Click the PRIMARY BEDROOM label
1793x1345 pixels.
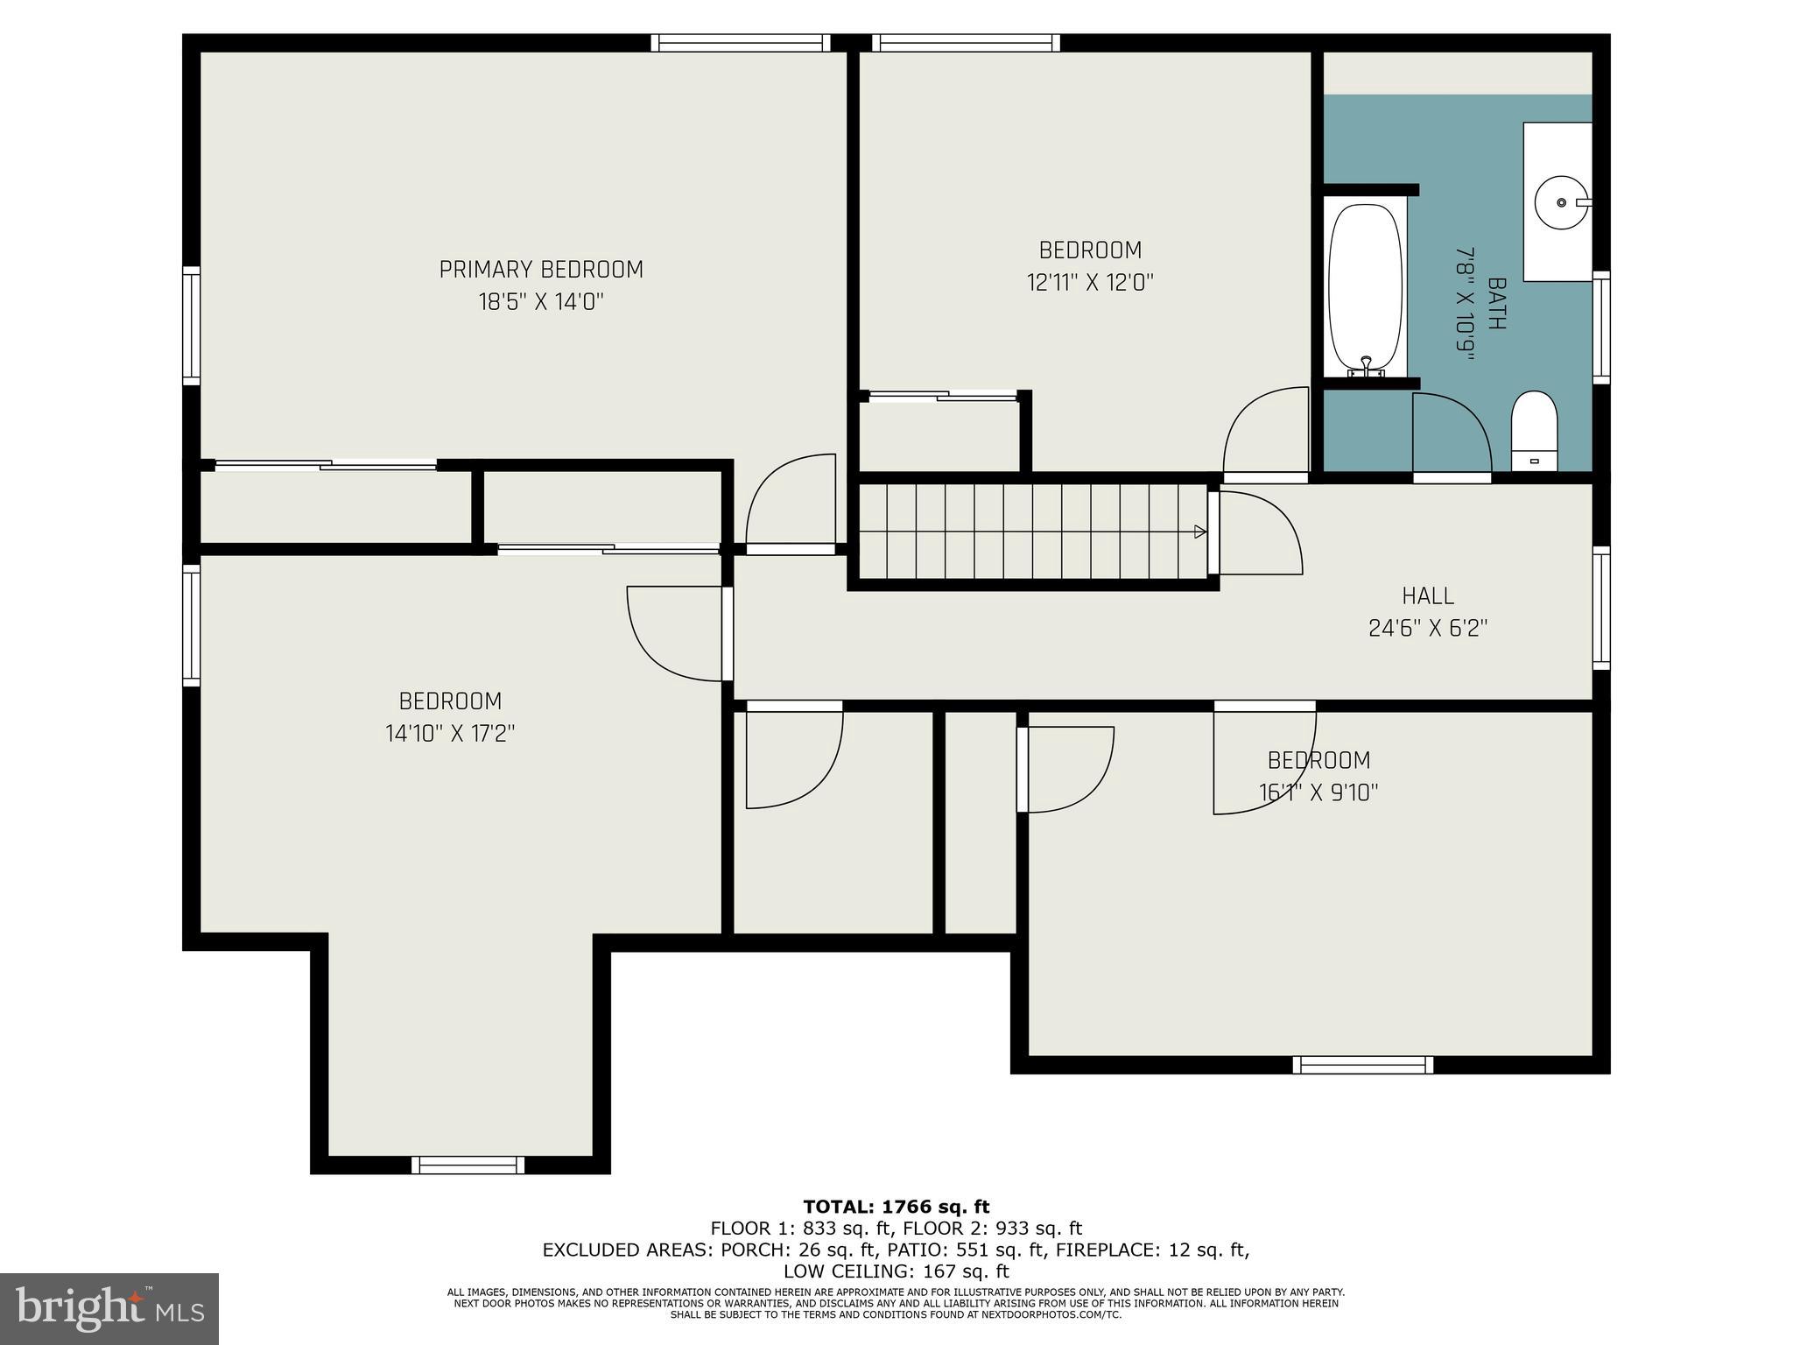point(541,270)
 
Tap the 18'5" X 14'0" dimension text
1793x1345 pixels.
point(541,302)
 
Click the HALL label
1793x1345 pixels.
point(1428,596)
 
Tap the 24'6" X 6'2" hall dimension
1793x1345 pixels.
point(1428,629)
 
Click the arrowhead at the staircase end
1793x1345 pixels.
point(1200,532)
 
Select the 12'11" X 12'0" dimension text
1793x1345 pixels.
point(1090,283)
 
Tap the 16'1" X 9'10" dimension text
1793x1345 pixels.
point(1318,792)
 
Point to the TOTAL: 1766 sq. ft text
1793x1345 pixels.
point(896,1208)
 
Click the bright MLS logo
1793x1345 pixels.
point(109,1309)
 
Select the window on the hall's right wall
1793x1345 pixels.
point(1600,608)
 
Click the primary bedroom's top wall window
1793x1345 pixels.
point(741,43)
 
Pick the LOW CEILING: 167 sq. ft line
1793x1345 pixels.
point(896,1271)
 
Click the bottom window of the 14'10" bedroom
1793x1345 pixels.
point(468,1165)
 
